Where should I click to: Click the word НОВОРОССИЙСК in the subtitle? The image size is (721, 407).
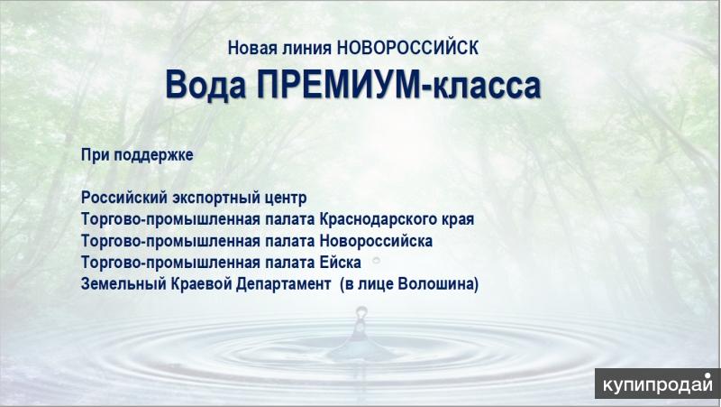pos(408,48)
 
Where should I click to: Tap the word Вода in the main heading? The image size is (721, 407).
pos(205,85)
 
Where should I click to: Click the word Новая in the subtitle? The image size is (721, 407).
pos(252,48)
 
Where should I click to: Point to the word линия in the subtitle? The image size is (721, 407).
pos(306,48)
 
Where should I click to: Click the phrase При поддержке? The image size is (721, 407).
pos(137,155)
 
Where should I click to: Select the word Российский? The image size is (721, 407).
pos(124,198)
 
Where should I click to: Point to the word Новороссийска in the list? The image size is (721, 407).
pos(376,241)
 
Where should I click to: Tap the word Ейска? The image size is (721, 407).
pos(341,263)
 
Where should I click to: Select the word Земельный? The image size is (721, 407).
pos(123,284)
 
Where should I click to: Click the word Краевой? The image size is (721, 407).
pos(201,284)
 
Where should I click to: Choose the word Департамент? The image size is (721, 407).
pos(284,284)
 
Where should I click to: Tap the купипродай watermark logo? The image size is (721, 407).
pos(658,384)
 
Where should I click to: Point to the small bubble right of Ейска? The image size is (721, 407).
pos(376,260)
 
